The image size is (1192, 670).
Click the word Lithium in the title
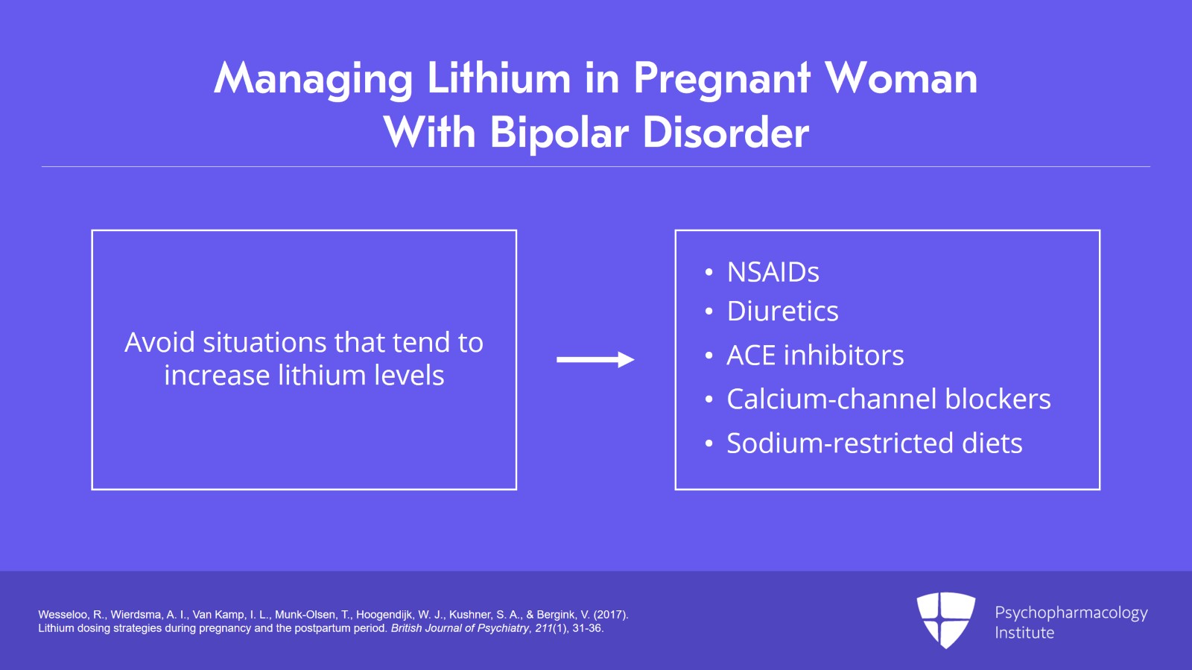[498, 78]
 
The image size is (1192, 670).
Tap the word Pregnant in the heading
[721, 80]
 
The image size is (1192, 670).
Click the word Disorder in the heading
[726, 133]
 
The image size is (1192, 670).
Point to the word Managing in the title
[314, 80]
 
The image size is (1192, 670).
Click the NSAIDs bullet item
[773, 272]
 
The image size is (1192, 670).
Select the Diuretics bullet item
[782, 312]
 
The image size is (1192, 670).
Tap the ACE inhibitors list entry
[815, 355]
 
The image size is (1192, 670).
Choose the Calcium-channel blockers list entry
[888, 399]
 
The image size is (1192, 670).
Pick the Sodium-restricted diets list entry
[874, 443]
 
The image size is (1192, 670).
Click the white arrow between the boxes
[595, 360]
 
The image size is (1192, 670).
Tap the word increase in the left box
[217, 376]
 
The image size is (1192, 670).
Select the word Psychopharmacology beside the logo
[1071, 613]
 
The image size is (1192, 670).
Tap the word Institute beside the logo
[1024, 633]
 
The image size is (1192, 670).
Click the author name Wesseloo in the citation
[63, 615]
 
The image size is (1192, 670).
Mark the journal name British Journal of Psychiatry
[460, 628]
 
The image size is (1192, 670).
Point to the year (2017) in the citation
[611, 615]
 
